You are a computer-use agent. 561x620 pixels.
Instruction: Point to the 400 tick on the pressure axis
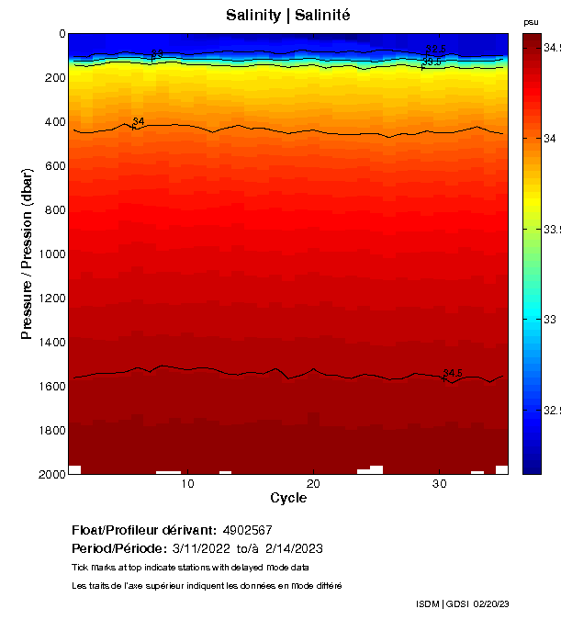[x=56, y=122]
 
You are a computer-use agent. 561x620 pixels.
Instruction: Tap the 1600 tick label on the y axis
[x=50, y=387]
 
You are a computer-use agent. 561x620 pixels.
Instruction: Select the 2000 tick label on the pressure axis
[x=50, y=475]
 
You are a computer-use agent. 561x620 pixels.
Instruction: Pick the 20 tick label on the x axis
[x=313, y=485]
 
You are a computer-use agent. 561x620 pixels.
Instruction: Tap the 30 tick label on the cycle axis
[x=439, y=485]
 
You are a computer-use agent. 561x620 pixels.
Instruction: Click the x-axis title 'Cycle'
[x=288, y=499]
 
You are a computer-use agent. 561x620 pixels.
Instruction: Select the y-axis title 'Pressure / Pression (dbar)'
[x=27, y=254]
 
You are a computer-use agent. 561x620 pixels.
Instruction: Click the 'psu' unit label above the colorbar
[x=531, y=22]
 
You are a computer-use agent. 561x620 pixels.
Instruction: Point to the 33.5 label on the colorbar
[x=551, y=229]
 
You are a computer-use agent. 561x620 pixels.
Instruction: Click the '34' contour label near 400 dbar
[x=139, y=122]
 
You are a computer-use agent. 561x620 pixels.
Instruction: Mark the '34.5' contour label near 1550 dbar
[x=453, y=374]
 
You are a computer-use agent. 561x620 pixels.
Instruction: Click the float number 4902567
[x=247, y=531]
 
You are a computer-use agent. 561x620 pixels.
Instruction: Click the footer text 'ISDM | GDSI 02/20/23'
[x=462, y=604]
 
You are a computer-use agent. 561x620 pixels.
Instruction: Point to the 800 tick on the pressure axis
[x=56, y=210]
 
